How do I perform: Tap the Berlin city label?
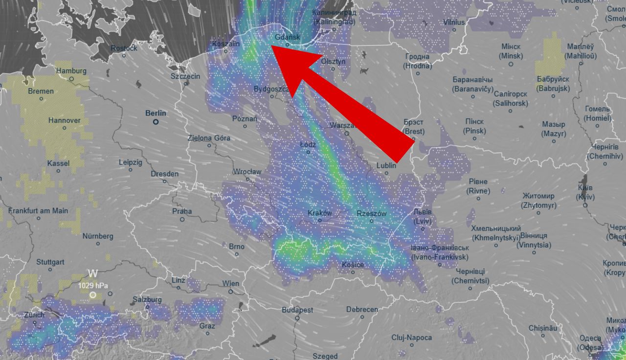point(156,113)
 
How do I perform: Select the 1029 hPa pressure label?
point(93,285)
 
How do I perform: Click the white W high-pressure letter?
point(92,273)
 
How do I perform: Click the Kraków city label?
point(320,213)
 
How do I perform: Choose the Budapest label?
point(297,310)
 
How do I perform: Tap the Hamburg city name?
point(71,71)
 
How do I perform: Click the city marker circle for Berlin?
point(156,122)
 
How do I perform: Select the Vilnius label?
point(454,22)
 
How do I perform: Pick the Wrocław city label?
point(247,172)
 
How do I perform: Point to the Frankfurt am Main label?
point(38,211)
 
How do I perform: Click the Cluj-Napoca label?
point(411,337)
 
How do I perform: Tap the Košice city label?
point(353,265)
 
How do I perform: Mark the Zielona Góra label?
point(209,138)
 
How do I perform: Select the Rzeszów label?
point(372,214)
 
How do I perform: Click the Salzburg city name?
point(147,299)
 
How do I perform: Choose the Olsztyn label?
point(333,62)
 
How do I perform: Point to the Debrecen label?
point(362,310)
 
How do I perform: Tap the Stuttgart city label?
point(50,262)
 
